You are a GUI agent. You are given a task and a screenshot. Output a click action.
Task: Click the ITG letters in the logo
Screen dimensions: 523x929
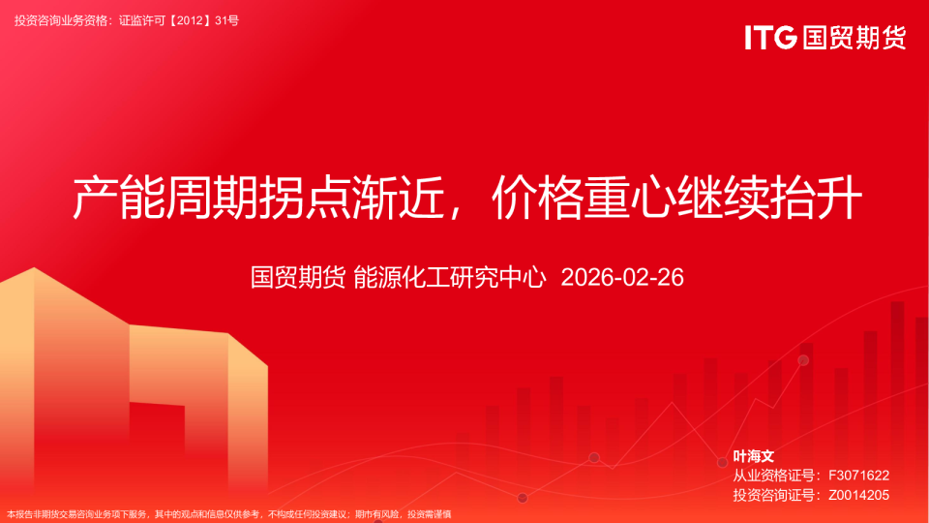click(x=770, y=38)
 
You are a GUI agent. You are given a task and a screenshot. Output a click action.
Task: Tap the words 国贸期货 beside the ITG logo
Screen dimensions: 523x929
click(x=854, y=38)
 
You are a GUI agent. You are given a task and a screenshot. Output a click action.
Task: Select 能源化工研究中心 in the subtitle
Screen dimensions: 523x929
click(x=450, y=278)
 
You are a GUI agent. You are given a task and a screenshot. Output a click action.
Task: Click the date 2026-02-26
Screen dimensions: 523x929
click(x=622, y=278)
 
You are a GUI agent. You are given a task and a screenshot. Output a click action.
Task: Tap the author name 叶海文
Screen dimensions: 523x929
click(x=754, y=456)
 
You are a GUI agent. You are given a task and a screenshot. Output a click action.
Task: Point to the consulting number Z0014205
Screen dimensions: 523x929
click(x=858, y=495)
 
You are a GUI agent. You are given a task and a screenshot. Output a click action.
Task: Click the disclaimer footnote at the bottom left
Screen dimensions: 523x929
click(x=228, y=514)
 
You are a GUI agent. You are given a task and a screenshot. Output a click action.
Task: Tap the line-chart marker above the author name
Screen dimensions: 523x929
click(x=803, y=360)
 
